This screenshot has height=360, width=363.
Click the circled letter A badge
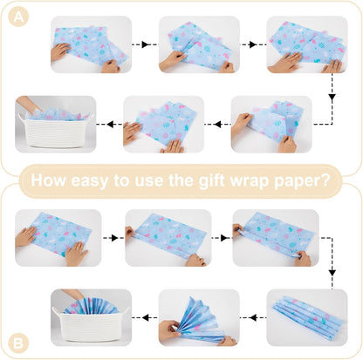[x=18, y=17]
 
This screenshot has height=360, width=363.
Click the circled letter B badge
[x=18, y=344]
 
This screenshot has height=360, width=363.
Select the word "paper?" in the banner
[x=302, y=180]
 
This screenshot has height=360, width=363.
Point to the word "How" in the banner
[x=48, y=180]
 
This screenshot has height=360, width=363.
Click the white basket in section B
[x=91, y=326]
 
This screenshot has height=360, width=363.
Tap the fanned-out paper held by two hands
[x=201, y=321]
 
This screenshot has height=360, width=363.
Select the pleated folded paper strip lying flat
[x=308, y=317]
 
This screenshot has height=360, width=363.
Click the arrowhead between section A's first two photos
[x=145, y=44]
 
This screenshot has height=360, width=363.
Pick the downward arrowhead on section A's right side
[x=332, y=98]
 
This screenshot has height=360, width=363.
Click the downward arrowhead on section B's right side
[x=332, y=273]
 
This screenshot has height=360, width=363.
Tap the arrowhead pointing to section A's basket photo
[x=110, y=125]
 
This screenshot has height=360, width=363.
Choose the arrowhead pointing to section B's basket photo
[x=146, y=317]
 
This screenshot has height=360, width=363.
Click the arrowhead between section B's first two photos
[x=114, y=238]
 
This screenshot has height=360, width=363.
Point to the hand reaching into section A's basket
[x=28, y=104]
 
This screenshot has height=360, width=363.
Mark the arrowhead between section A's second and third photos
[x=252, y=44]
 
